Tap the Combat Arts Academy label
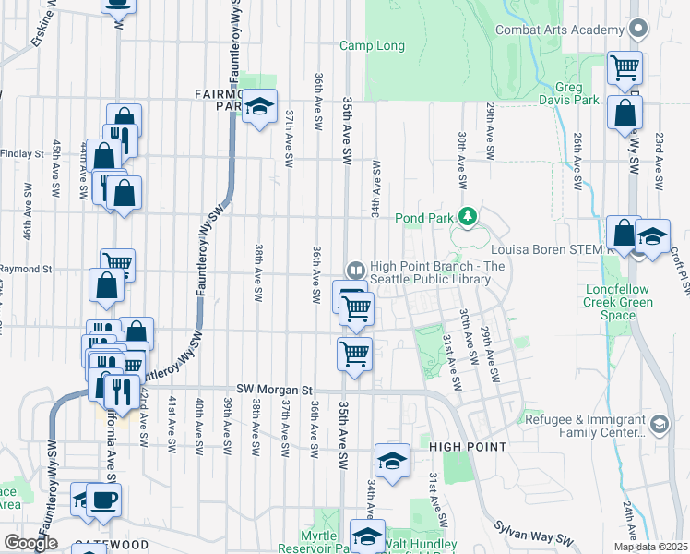(559, 30)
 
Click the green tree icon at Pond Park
(469, 217)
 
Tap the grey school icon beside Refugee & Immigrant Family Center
(659, 425)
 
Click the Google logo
(30, 543)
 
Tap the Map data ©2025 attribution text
(649, 547)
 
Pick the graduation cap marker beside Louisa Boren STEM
(652, 235)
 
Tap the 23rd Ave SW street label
(660, 162)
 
